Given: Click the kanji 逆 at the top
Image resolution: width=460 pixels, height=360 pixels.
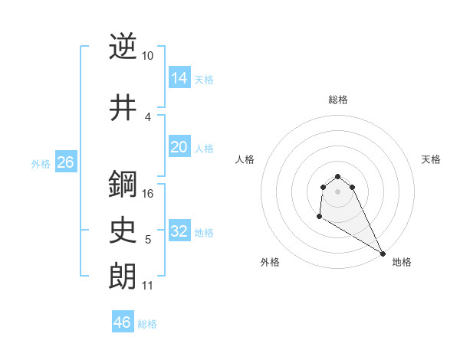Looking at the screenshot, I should [123, 47].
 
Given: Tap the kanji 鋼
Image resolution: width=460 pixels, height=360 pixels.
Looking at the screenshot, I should [123, 184].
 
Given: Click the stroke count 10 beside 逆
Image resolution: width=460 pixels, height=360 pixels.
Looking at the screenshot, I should [148, 56].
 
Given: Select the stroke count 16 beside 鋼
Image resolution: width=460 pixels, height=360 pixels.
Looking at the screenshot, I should [149, 193].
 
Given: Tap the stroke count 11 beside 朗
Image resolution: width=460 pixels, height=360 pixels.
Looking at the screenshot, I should [148, 286].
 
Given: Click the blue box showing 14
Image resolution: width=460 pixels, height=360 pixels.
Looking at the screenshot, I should [179, 77].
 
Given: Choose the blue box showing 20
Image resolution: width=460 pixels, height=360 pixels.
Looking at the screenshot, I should [179, 147].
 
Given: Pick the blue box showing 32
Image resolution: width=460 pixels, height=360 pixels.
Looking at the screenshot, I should [179, 231].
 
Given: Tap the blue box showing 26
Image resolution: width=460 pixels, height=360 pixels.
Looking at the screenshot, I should [66, 162].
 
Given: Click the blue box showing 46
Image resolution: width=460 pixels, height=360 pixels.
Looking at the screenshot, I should [123, 322].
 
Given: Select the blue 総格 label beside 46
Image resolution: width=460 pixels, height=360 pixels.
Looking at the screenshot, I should [147, 324].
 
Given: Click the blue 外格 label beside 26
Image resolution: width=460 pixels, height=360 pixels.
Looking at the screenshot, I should [41, 164].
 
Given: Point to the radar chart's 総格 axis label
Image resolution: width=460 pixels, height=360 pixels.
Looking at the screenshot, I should [338, 100].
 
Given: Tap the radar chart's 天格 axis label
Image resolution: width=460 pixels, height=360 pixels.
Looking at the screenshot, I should [431, 159].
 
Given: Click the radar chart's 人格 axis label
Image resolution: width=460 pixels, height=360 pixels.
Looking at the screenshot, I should [245, 159].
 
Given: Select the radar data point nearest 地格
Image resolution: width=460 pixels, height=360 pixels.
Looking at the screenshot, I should [383, 254].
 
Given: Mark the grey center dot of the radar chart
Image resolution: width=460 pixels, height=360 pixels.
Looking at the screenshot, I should [338, 191].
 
